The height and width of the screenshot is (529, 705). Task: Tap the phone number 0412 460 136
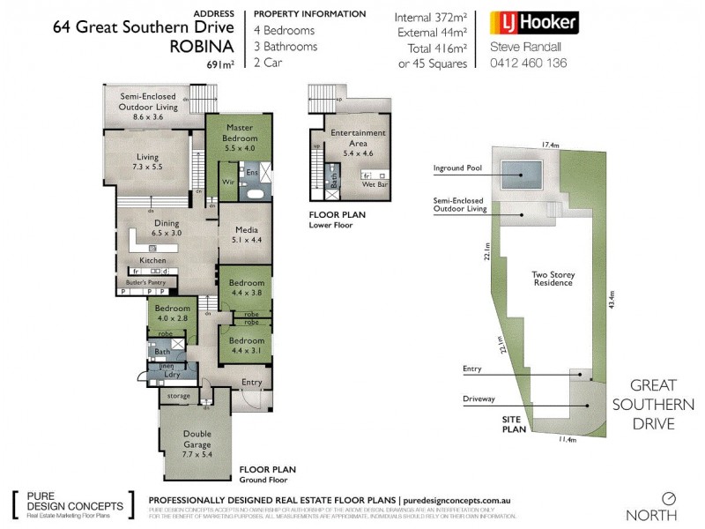528,63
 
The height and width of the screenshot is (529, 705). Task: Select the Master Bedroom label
240,138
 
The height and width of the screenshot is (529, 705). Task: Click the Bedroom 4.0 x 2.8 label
173,314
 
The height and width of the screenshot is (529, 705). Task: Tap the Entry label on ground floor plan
252,382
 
